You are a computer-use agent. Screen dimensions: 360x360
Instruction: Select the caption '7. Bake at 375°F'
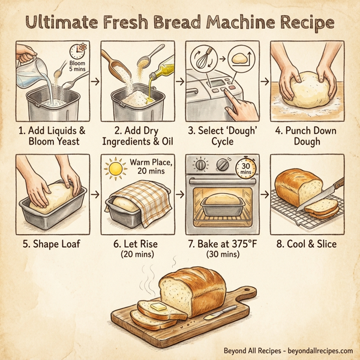221,244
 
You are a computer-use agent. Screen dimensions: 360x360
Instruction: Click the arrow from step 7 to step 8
264,196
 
